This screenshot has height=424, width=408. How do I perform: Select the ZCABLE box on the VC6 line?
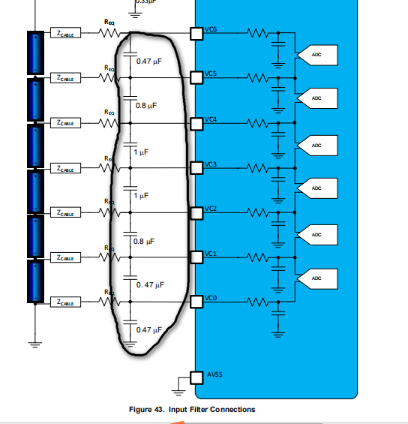point(65,33)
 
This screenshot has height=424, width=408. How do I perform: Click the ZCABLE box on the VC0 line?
point(65,302)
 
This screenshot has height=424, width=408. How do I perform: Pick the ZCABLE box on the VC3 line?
point(65,168)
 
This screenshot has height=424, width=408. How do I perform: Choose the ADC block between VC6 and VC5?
point(316,55)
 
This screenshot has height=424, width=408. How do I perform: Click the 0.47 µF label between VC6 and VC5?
point(150,60)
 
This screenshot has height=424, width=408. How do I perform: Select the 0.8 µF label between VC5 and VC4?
point(145,106)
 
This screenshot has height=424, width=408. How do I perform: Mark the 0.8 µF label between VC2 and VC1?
point(143,242)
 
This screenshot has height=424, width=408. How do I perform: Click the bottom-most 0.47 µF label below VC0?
point(149,330)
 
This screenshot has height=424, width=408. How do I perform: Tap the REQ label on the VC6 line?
point(109,23)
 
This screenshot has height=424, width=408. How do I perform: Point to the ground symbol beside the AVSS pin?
point(179,388)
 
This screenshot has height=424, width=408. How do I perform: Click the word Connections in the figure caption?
point(231,409)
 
